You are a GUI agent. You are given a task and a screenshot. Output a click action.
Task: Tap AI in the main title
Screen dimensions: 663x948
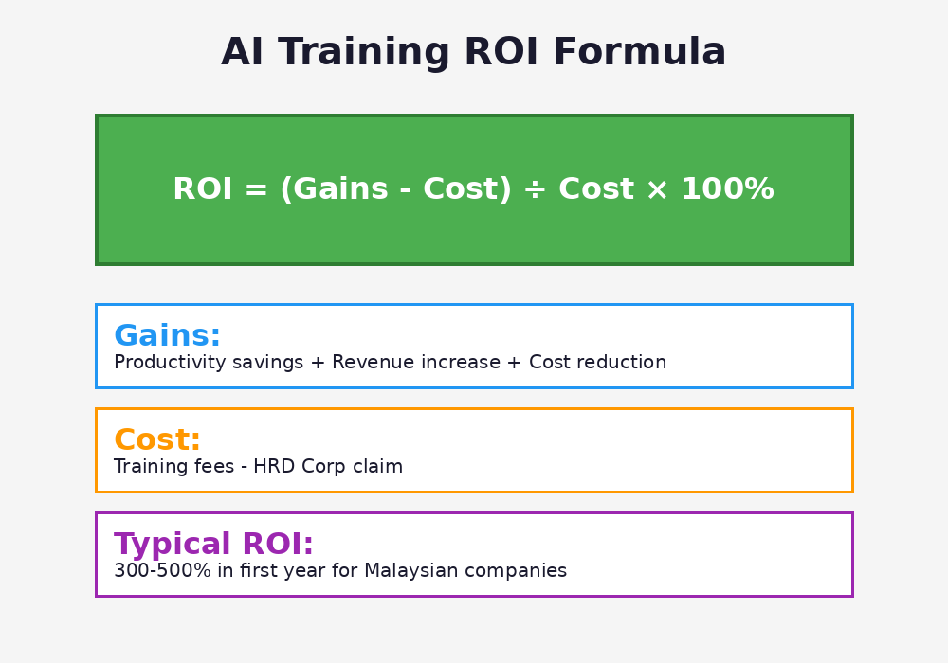(242, 53)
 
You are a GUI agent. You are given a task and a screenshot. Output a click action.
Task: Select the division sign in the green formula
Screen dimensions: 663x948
(535, 189)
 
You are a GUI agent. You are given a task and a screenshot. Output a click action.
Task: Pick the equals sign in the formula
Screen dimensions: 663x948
(256, 190)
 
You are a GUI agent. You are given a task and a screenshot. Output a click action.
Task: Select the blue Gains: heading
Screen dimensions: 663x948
(167, 336)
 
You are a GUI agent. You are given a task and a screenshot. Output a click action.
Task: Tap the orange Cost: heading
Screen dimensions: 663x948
(157, 440)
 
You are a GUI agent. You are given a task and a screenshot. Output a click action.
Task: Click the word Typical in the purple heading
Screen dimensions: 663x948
(173, 545)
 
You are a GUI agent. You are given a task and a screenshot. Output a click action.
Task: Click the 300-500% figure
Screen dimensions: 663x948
(155, 571)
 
